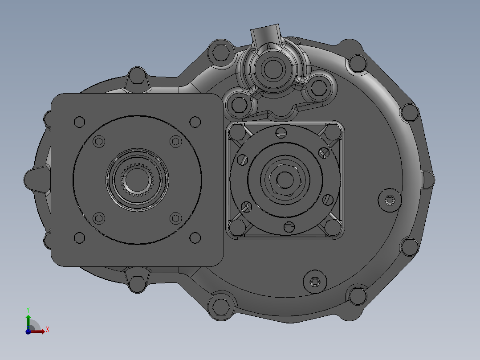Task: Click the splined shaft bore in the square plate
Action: [x=137, y=180]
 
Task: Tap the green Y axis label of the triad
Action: [x=28, y=309]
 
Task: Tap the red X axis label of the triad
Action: [x=47, y=330]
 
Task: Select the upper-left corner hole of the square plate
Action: [x=79, y=121]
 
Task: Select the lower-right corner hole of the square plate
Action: [x=195, y=237]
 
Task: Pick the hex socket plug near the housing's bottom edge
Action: [x=315, y=282]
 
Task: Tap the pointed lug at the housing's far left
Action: [x=30, y=179]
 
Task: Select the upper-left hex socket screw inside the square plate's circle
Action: [x=99, y=142]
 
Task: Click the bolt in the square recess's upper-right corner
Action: [x=332, y=132]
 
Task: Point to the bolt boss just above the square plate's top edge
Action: [x=137, y=77]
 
